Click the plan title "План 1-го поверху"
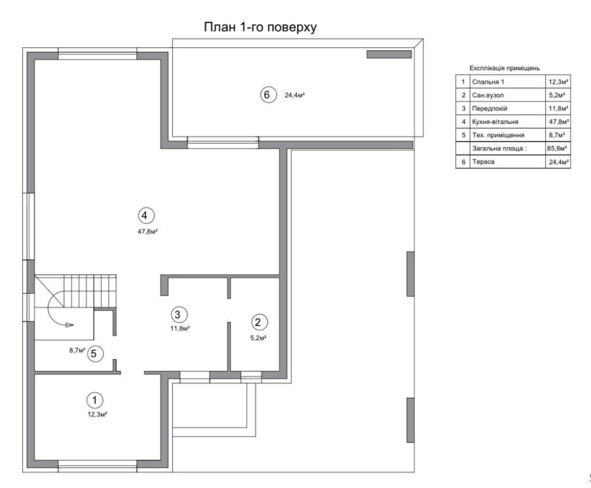coord(260,27)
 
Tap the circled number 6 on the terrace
coord(267,95)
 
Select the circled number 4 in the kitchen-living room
coord(145,216)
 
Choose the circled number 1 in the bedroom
coord(95,400)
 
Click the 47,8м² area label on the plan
coord(147,232)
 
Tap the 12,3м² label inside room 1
coord(98,415)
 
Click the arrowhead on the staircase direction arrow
coord(69,325)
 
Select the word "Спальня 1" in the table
coord(488,82)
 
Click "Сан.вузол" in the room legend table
coord(488,95)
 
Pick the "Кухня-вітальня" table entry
coord(495,122)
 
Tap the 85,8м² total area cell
coord(557,148)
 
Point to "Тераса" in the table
coord(483,162)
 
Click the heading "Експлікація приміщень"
coord(505,68)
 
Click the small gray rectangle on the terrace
coord(389,54)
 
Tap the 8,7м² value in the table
coord(557,135)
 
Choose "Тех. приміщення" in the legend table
coord(498,135)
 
